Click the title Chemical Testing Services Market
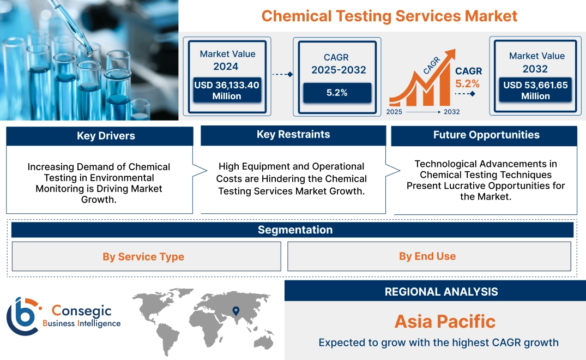click(389, 16)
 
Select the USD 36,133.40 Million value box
click(227, 91)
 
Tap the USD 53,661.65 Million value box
click(535, 91)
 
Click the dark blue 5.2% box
click(337, 93)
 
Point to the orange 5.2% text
click(467, 83)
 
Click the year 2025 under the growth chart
click(395, 112)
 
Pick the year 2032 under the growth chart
click(451, 112)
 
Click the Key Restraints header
click(293, 135)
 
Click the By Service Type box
click(143, 257)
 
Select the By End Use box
click(427, 256)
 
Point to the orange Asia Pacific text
click(444, 321)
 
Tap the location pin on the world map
click(235, 311)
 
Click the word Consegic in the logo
click(81, 311)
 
